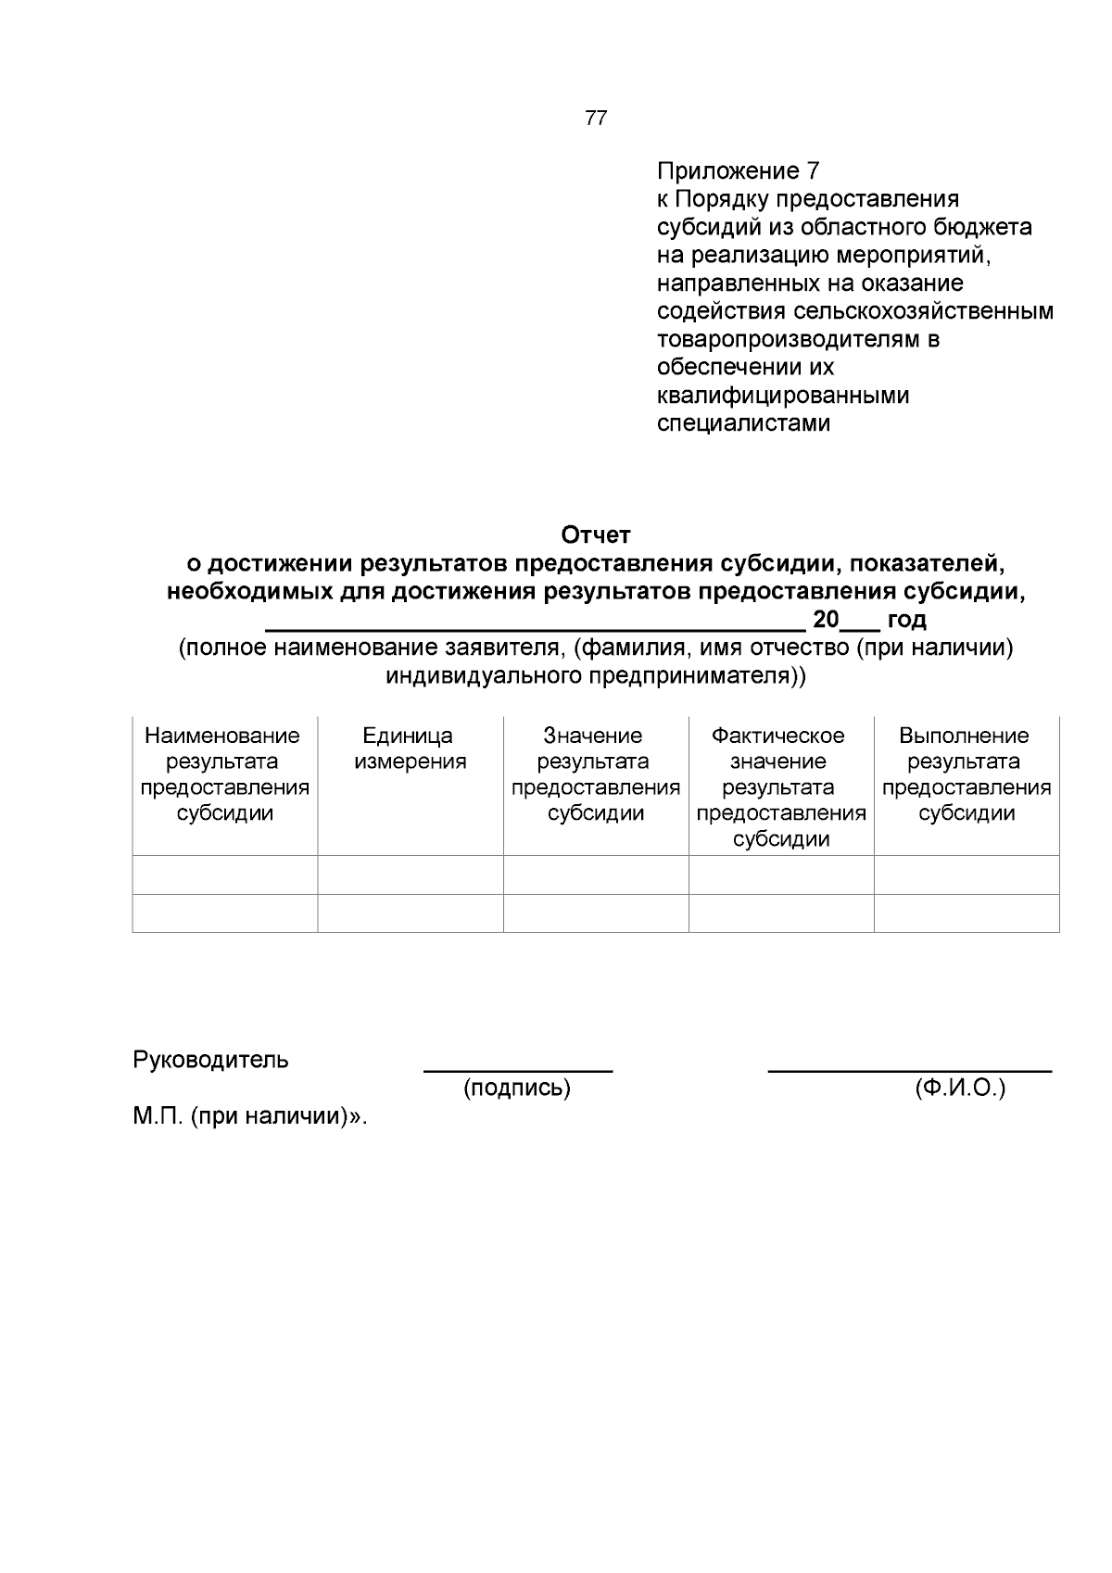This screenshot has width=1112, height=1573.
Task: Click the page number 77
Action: click(596, 119)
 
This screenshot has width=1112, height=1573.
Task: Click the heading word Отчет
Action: click(596, 535)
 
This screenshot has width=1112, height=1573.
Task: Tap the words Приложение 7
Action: click(739, 171)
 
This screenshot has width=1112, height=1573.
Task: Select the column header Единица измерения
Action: click(410, 749)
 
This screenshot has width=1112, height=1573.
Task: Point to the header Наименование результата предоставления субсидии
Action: click(224, 774)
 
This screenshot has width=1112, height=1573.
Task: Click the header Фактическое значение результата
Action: click(780, 787)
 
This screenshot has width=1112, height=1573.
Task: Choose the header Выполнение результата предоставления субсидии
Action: click(966, 774)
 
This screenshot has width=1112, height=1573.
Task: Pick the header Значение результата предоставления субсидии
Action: click(595, 774)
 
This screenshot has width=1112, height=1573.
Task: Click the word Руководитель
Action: click(211, 1060)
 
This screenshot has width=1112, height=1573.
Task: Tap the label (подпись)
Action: click(517, 1089)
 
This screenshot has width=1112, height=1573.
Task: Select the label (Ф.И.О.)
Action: click(960, 1089)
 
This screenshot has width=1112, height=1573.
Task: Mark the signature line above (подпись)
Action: click(518, 1071)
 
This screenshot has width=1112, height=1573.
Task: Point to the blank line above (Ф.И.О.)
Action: click(909, 1071)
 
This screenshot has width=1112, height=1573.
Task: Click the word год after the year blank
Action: click(906, 620)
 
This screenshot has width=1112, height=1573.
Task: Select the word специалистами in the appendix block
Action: click(743, 424)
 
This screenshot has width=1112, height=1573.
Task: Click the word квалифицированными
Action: click(783, 396)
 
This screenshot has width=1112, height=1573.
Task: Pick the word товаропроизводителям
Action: click(788, 339)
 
